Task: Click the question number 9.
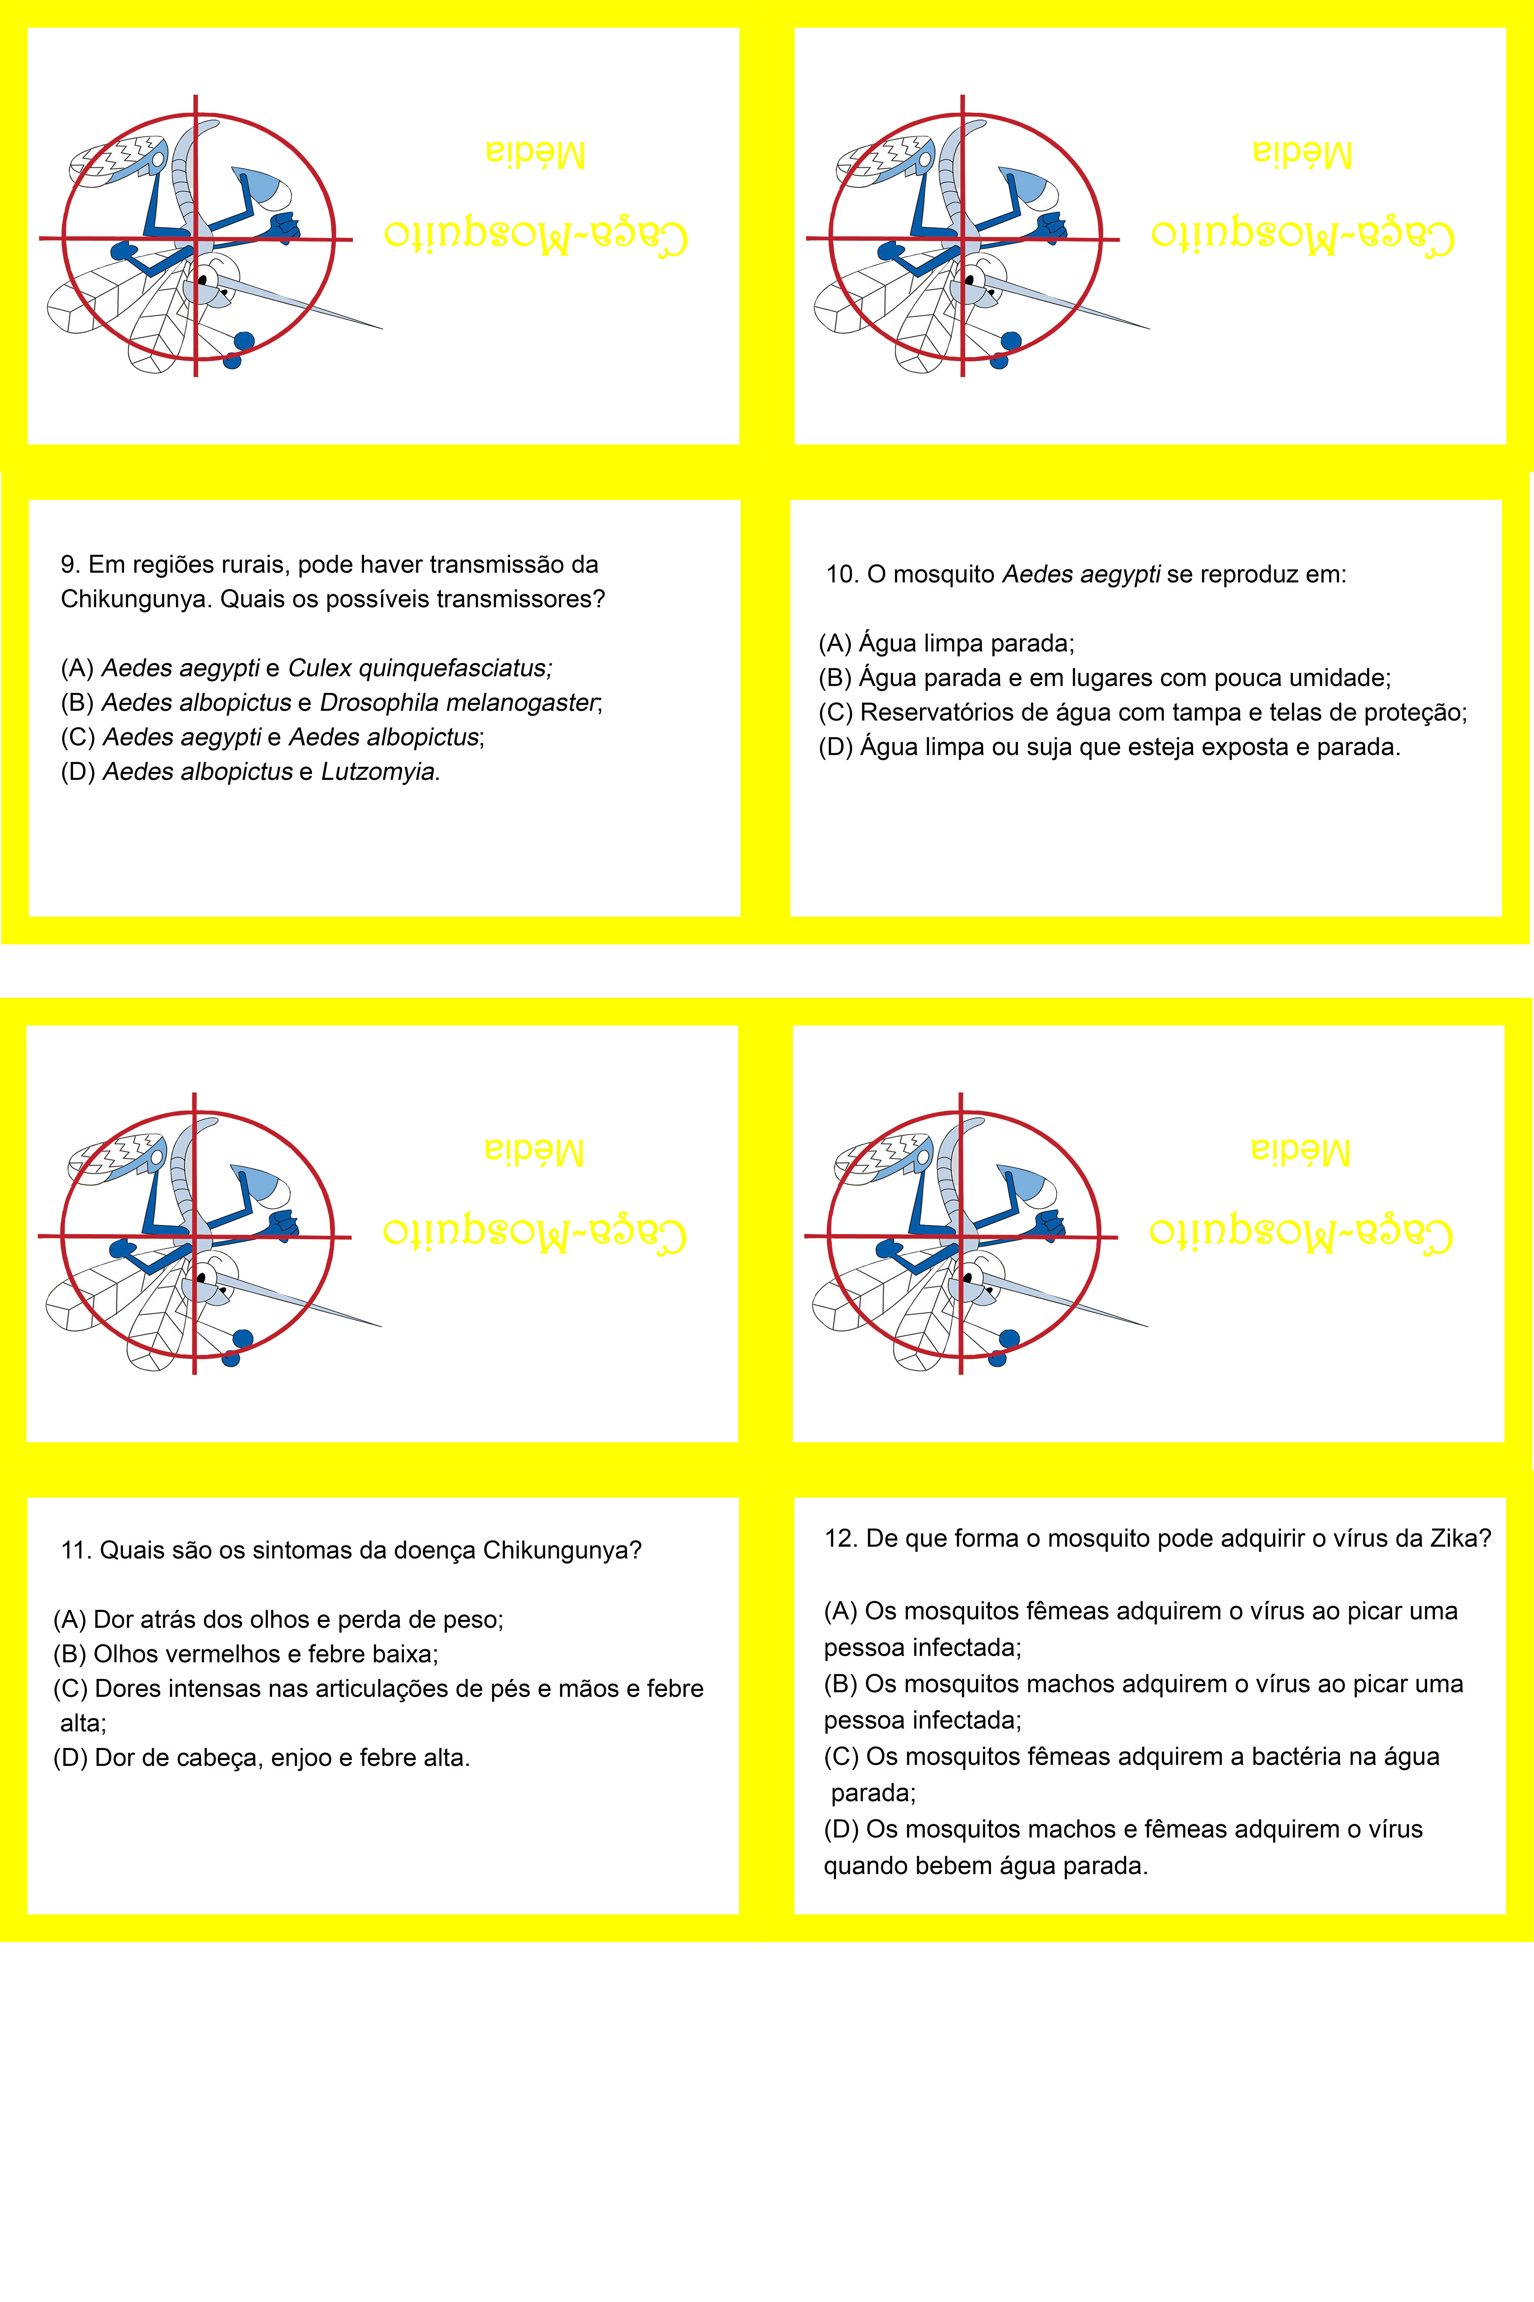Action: tap(71, 565)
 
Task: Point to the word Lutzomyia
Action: tap(378, 772)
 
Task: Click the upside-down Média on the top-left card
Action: tap(535, 154)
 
